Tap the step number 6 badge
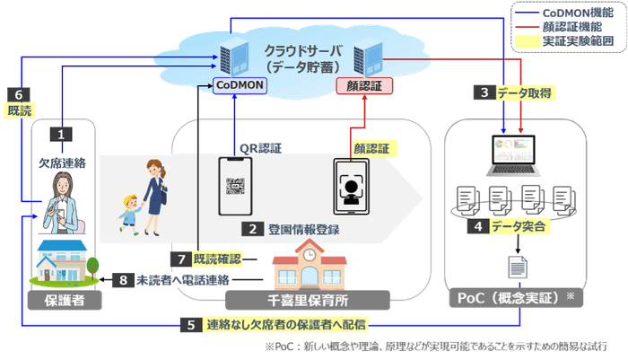[x=17, y=93]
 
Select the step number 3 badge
[x=484, y=92]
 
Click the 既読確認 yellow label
[x=217, y=259]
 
